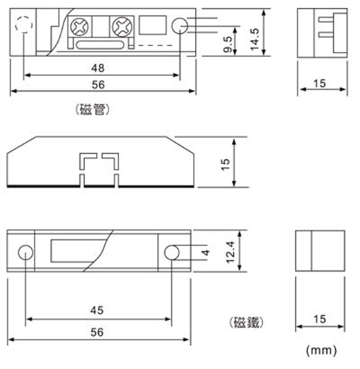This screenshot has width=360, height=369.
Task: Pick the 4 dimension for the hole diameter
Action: [205, 253]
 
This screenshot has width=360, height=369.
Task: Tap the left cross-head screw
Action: [80, 26]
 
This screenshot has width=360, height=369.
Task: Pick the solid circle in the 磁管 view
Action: [179, 26]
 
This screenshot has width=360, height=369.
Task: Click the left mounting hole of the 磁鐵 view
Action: [26, 253]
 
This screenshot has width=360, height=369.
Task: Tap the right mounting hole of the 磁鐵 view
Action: [172, 253]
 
